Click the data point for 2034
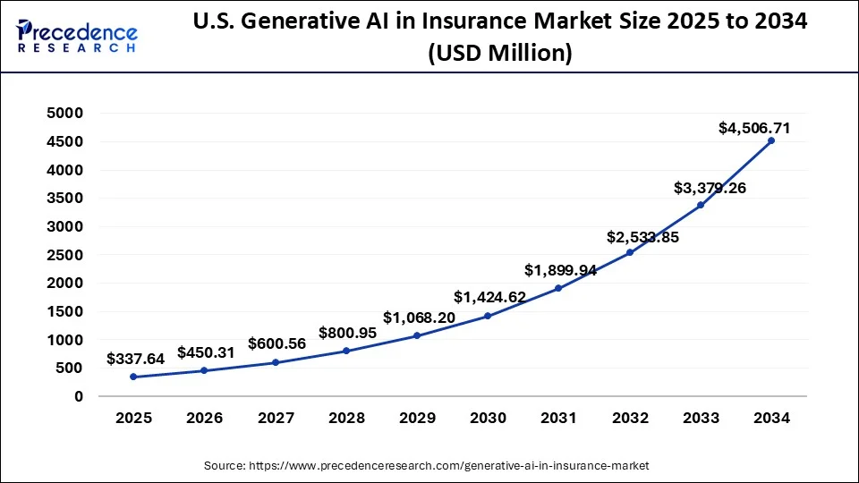[771, 140]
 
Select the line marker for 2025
[133, 377]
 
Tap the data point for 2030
[488, 316]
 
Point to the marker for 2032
[630, 252]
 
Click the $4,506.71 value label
[754, 129]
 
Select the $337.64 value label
[135, 359]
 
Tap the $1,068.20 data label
[419, 318]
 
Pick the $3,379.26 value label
[710, 188]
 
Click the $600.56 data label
[277, 343]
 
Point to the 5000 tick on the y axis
[66, 113]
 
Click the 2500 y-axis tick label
[66, 255]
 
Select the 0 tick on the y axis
[79, 396]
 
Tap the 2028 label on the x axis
[346, 418]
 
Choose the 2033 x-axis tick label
[701, 418]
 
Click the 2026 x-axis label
[204, 418]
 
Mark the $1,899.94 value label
[561, 270]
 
